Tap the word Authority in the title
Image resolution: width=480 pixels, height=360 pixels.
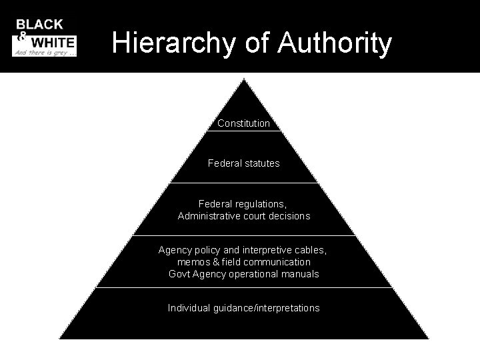(x=335, y=43)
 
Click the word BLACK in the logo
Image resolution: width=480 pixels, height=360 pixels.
(x=40, y=25)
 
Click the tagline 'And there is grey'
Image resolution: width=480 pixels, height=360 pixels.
(x=41, y=51)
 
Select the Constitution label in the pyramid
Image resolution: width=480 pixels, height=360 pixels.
(x=244, y=123)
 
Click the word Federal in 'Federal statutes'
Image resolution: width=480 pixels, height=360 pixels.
(x=223, y=163)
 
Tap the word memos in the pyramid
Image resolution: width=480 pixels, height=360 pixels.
(x=191, y=262)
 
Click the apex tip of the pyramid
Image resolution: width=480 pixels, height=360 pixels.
(x=244, y=80)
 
